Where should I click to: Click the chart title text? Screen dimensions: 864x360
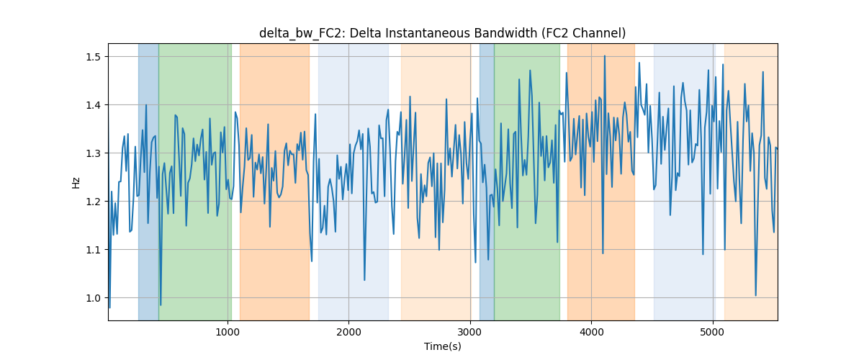click(x=442, y=33)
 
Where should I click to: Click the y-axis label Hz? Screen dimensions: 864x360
click(x=76, y=183)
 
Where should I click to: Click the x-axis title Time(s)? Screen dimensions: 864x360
click(x=442, y=346)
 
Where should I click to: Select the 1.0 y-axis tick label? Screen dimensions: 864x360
click(x=93, y=298)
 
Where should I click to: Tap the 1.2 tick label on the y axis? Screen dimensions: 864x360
click(x=93, y=202)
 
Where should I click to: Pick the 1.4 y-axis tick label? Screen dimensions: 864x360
click(x=93, y=105)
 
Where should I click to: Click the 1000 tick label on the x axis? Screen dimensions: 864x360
click(x=228, y=332)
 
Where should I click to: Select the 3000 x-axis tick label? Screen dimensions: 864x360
click(x=470, y=332)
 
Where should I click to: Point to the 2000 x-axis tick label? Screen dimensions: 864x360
click(x=348, y=332)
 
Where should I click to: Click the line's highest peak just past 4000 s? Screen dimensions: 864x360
click(x=604, y=56)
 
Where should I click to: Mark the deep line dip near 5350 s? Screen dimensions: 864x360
click(x=755, y=296)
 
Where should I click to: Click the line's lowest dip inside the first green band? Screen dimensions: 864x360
click(x=161, y=305)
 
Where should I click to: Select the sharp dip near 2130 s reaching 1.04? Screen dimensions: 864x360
click(x=364, y=280)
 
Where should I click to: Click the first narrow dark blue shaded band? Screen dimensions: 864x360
click(x=148, y=181)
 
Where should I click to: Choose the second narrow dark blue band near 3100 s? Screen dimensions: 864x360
click(x=487, y=181)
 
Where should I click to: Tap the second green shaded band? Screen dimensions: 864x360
click(x=527, y=181)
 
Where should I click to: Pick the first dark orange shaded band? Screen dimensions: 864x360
click(x=274, y=181)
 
